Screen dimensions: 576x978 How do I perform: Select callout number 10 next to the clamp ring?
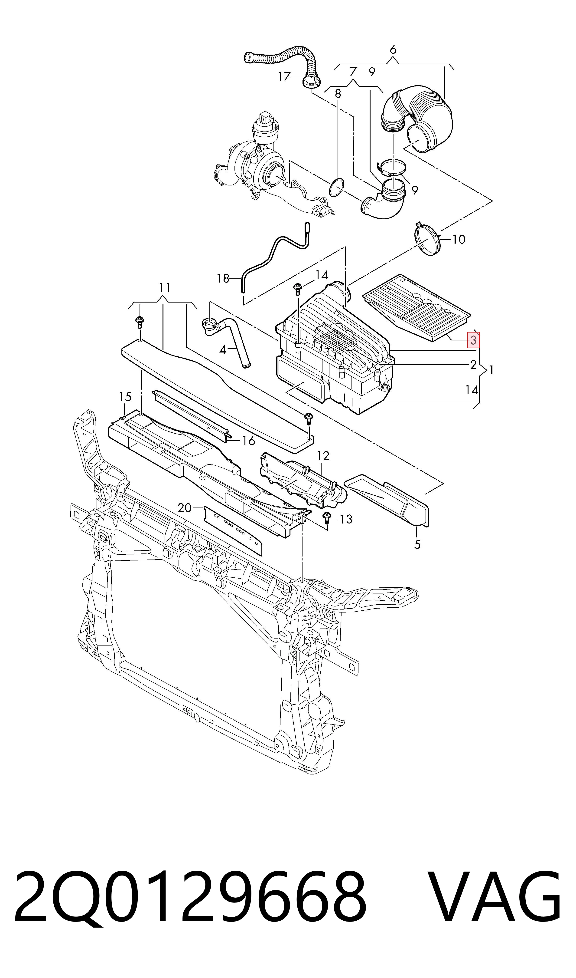[x=459, y=239]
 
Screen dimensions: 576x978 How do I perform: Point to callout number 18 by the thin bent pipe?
[x=223, y=279]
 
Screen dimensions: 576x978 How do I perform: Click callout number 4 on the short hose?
[x=222, y=350]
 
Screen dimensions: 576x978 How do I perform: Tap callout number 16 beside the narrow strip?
[x=248, y=441]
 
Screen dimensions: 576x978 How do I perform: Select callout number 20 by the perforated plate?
[x=185, y=508]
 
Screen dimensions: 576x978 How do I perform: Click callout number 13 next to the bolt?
[x=346, y=519]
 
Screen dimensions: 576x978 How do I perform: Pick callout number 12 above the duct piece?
[x=323, y=456]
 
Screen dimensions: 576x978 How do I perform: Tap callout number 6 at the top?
[x=393, y=50]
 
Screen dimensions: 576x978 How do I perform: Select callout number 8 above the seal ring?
[x=338, y=94]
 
